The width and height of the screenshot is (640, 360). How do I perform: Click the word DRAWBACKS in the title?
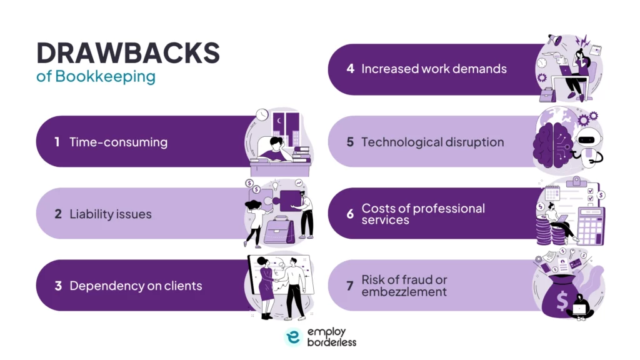128,54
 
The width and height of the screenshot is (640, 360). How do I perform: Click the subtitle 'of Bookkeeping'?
96,77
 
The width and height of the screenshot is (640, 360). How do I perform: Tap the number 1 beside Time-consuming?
57,142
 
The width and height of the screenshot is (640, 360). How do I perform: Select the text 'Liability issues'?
111,214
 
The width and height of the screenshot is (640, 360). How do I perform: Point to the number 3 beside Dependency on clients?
57,286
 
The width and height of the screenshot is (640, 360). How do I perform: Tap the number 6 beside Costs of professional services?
350,214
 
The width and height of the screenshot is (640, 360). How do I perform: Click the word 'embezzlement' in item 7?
404,292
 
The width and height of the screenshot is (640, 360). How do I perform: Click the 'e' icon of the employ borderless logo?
292,337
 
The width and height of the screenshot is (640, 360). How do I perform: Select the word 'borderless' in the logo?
332,342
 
